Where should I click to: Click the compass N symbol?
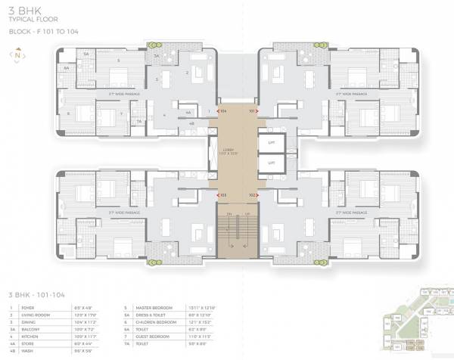pyautogui.click(x=15, y=55)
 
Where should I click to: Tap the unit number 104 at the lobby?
pyautogui.click(x=222, y=110)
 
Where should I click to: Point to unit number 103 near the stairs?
pyautogui.click(x=222, y=194)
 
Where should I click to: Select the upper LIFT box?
pyautogui.click(x=270, y=141)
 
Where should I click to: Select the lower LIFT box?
pyautogui.click(x=270, y=163)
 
